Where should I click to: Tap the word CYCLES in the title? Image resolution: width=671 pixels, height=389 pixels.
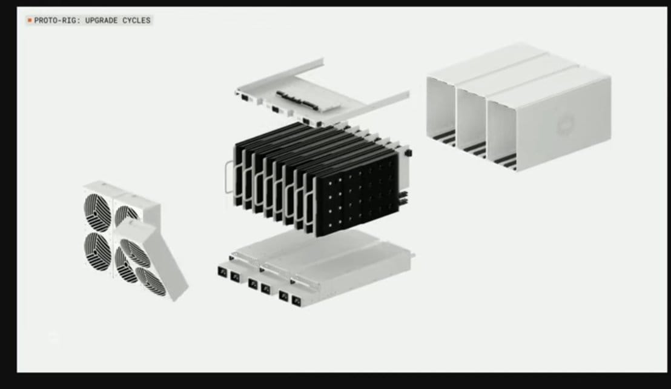point(136,21)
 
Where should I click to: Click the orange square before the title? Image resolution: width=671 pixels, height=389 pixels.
point(30,20)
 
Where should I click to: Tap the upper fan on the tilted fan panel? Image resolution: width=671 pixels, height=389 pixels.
point(135,253)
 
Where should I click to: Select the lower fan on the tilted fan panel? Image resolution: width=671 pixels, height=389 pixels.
point(151,281)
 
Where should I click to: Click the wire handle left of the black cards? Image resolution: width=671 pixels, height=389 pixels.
point(230,177)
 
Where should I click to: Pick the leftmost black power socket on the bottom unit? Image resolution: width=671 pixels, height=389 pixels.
point(222,271)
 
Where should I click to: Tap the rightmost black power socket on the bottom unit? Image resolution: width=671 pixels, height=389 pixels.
point(296,301)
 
